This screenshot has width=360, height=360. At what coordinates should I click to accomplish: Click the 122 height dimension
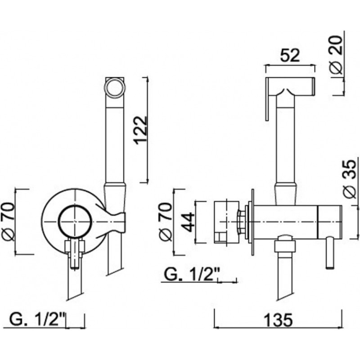(140, 130)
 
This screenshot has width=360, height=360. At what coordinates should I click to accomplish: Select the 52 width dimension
(290, 55)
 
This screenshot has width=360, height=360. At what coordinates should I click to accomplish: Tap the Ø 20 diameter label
(337, 54)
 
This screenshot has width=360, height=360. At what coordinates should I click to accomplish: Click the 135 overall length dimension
(278, 320)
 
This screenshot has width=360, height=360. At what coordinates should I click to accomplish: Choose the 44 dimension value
(188, 222)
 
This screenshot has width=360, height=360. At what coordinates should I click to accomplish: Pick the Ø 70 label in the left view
(8, 221)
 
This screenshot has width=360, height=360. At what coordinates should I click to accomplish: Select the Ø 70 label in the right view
(166, 222)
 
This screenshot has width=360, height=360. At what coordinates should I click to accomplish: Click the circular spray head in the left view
(115, 88)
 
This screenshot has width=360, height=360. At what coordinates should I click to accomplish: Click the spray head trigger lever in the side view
(267, 99)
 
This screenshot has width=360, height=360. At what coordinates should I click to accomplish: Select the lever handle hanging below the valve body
(330, 253)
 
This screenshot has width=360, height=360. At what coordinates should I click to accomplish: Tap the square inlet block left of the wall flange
(226, 222)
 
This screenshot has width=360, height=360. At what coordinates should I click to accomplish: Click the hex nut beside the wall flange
(242, 222)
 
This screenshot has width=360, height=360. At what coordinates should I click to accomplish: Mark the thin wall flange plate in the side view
(253, 222)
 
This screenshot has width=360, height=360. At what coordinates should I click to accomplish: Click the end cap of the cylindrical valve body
(330, 222)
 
